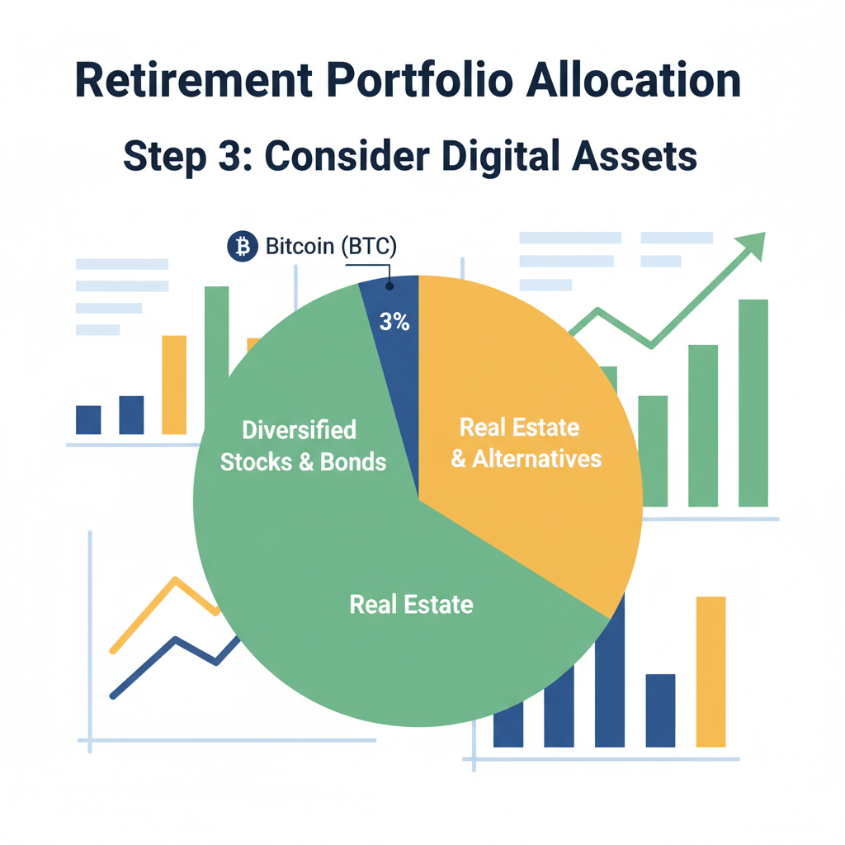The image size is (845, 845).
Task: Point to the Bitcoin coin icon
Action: [x=242, y=245]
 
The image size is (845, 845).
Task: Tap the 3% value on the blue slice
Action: [x=394, y=322]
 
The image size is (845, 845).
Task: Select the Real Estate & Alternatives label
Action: [x=525, y=443]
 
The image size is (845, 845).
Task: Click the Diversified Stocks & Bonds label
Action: [x=303, y=446]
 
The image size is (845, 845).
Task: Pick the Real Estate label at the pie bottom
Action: [x=411, y=605]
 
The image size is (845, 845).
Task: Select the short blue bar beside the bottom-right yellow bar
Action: [x=660, y=710]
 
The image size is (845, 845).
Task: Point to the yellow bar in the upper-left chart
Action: [x=174, y=385]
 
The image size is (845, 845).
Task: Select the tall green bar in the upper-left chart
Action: [x=215, y=338]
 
